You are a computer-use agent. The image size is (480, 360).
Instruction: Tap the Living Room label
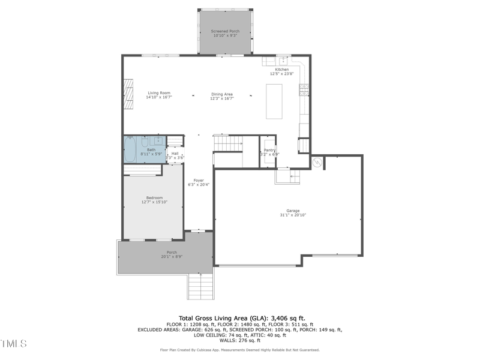[x=159, y=93]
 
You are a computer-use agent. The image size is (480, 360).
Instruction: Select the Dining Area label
[x=221, y=94]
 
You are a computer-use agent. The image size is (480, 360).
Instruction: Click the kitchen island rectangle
[x=274, y=101]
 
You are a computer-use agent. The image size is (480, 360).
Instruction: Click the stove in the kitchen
[x=304, y=90]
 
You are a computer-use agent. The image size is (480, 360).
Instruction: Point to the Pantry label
[x=269, y=150]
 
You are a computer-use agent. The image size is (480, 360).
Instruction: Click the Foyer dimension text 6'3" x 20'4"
[x=198, y=185]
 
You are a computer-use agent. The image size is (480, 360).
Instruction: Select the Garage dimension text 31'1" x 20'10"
[x=292, y=215]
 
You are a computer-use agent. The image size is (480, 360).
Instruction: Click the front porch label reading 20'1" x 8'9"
[x=172, y=257]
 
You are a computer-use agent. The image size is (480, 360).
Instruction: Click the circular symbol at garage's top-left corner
[x=317, y=162]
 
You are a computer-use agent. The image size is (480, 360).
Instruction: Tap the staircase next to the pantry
[x=229, y=144]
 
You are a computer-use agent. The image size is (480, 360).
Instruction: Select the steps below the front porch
[x=200, y=286]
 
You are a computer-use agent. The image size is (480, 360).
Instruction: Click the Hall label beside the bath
[x=175, y=153]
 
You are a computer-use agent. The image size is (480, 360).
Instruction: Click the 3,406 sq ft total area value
[x=289, y=318]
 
